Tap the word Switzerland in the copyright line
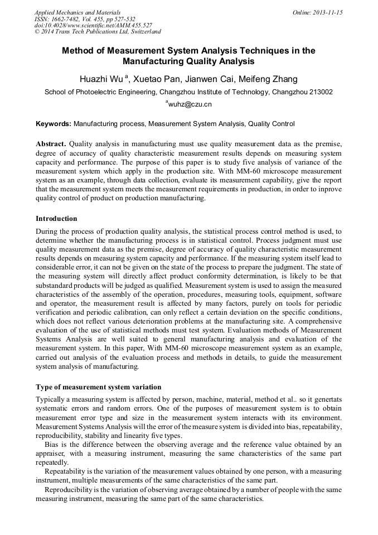pyautogui.click(x=143, y=32)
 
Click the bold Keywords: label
pyautogui.click(x=54, y=124)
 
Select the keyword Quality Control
pyautogui.click(x=272, y=124)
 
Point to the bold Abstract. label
pyautogui.click(x=51, y=143)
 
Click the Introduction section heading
pyautogui.click(x=56, y=219)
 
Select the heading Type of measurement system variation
pyautogui.click(x=99, y=387)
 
